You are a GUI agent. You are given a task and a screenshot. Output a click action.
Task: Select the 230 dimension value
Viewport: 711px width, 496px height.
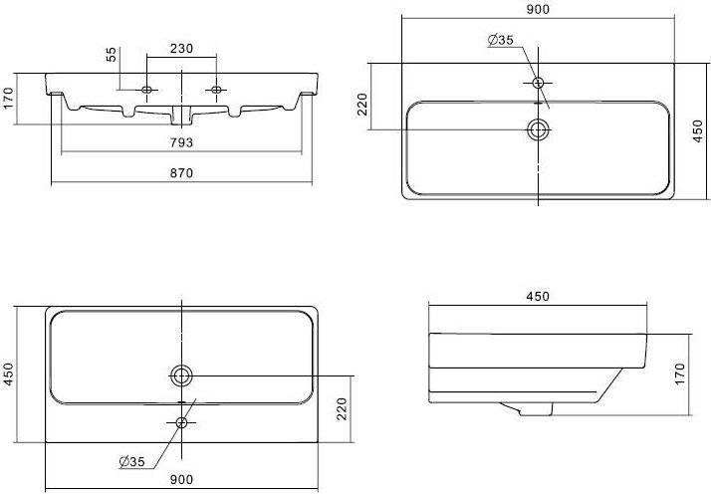(181, 47)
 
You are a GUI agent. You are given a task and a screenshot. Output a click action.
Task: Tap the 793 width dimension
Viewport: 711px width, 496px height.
(180, 142)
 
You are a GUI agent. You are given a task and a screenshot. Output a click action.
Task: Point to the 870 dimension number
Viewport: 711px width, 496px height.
(180, 173)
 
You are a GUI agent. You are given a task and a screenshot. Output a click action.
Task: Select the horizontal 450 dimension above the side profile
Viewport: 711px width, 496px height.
(538, 297)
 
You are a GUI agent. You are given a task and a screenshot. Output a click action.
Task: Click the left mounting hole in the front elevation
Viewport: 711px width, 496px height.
(147, 91)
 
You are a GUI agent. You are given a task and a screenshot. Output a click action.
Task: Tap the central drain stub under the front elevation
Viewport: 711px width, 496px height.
(183, 110)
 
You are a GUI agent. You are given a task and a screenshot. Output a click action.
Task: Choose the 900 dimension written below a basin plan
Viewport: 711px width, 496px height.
(182, 480)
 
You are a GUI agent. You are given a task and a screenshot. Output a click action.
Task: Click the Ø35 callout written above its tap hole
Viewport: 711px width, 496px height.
(501, 40)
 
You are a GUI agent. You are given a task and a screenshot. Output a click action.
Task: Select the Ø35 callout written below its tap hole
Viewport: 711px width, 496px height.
(129, 460)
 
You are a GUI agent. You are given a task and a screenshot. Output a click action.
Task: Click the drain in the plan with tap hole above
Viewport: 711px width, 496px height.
(539, 128)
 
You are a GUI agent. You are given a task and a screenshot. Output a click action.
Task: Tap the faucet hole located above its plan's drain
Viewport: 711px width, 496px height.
(539, 82)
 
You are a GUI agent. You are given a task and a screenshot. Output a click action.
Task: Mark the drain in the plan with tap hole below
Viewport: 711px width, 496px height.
(182, 374)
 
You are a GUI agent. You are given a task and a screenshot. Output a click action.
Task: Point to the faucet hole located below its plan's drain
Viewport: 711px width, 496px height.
(181, 422)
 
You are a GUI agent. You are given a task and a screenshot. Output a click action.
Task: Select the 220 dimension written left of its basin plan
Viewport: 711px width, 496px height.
(362, 105)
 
